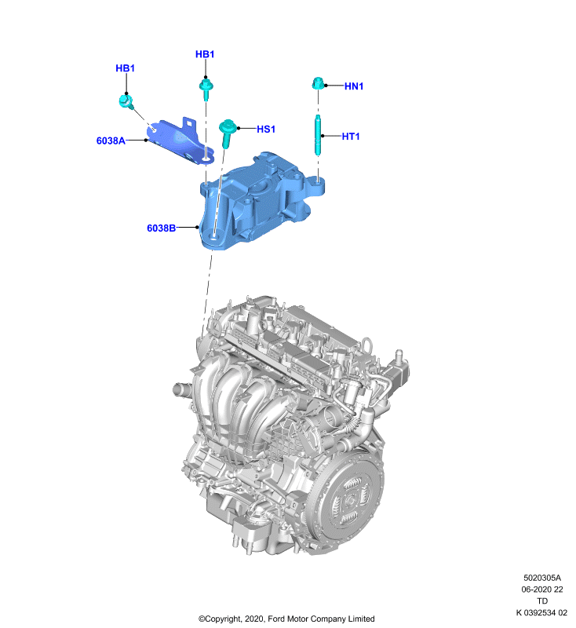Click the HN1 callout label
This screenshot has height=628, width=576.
tap(354, 86)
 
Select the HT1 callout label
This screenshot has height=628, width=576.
tap(351, 137)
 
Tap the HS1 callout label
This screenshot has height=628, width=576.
tap(266, 130)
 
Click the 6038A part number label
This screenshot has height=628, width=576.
tap(111, 141)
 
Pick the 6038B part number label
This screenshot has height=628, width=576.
tap(162, 228)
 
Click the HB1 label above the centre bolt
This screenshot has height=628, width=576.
tap(205, 54)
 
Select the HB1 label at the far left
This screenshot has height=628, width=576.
tap(126, 68)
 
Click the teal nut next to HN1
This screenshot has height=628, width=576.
tap(318, 84)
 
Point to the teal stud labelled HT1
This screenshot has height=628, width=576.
tap(318, 135)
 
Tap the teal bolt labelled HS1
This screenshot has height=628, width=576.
tap(227, 133)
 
